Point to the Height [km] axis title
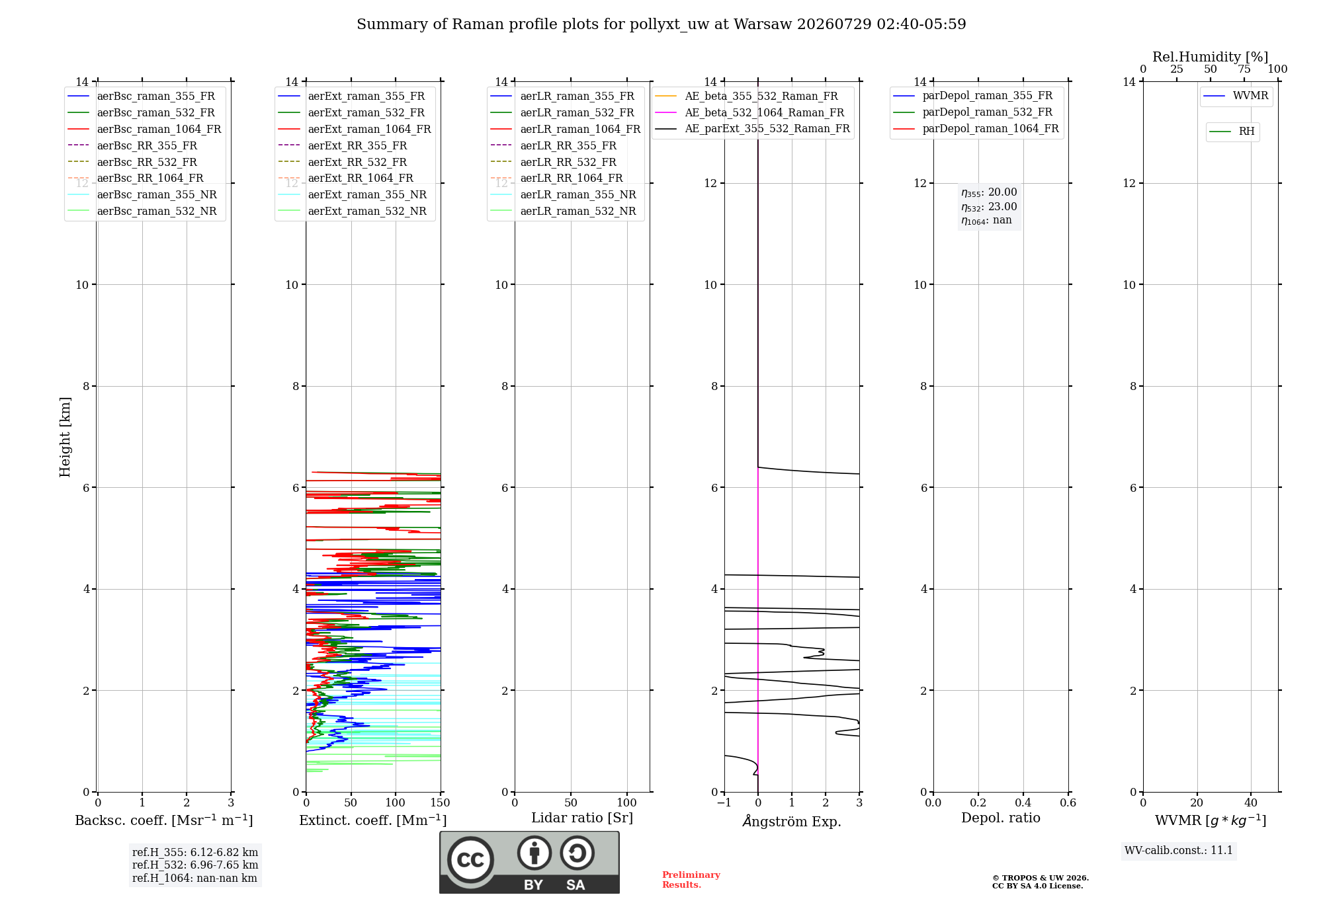coord(65,436)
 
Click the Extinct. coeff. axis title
coord(373,820)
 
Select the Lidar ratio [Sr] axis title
coord(582,818)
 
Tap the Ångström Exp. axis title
coord(792,821)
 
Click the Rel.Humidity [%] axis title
coord(1211,57)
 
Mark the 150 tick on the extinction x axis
coord(440,803)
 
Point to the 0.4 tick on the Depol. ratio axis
coord(1023,803)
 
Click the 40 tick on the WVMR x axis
coord(1251,803)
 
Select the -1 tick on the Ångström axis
coord(724,803)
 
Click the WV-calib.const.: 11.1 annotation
coord(1179,851)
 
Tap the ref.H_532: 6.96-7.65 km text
coord(195,865)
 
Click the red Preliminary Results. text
coord(691,880)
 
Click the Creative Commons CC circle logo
coord(470,860)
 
